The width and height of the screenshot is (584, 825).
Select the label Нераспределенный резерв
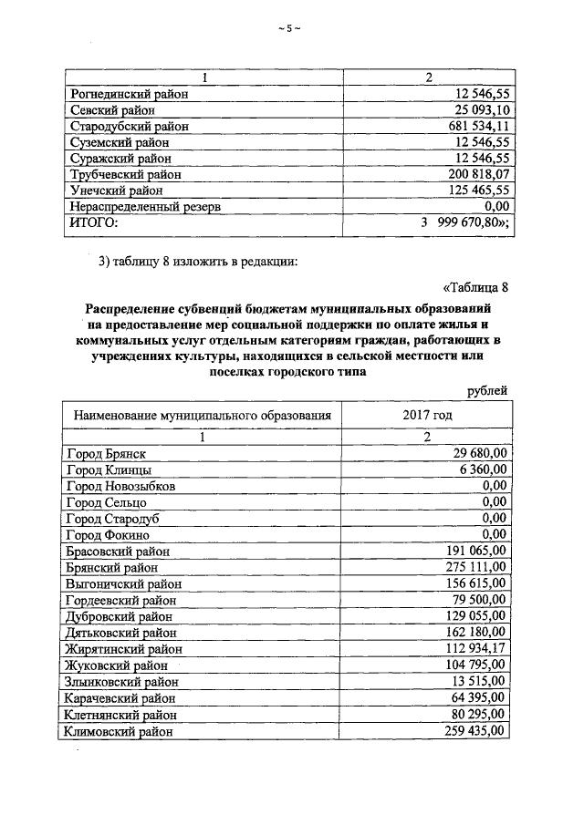point(145,206)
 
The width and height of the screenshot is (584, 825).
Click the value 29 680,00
point(480,453)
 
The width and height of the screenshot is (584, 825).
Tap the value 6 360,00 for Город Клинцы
point(484,469)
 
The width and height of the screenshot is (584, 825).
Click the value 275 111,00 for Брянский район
point(477,567)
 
